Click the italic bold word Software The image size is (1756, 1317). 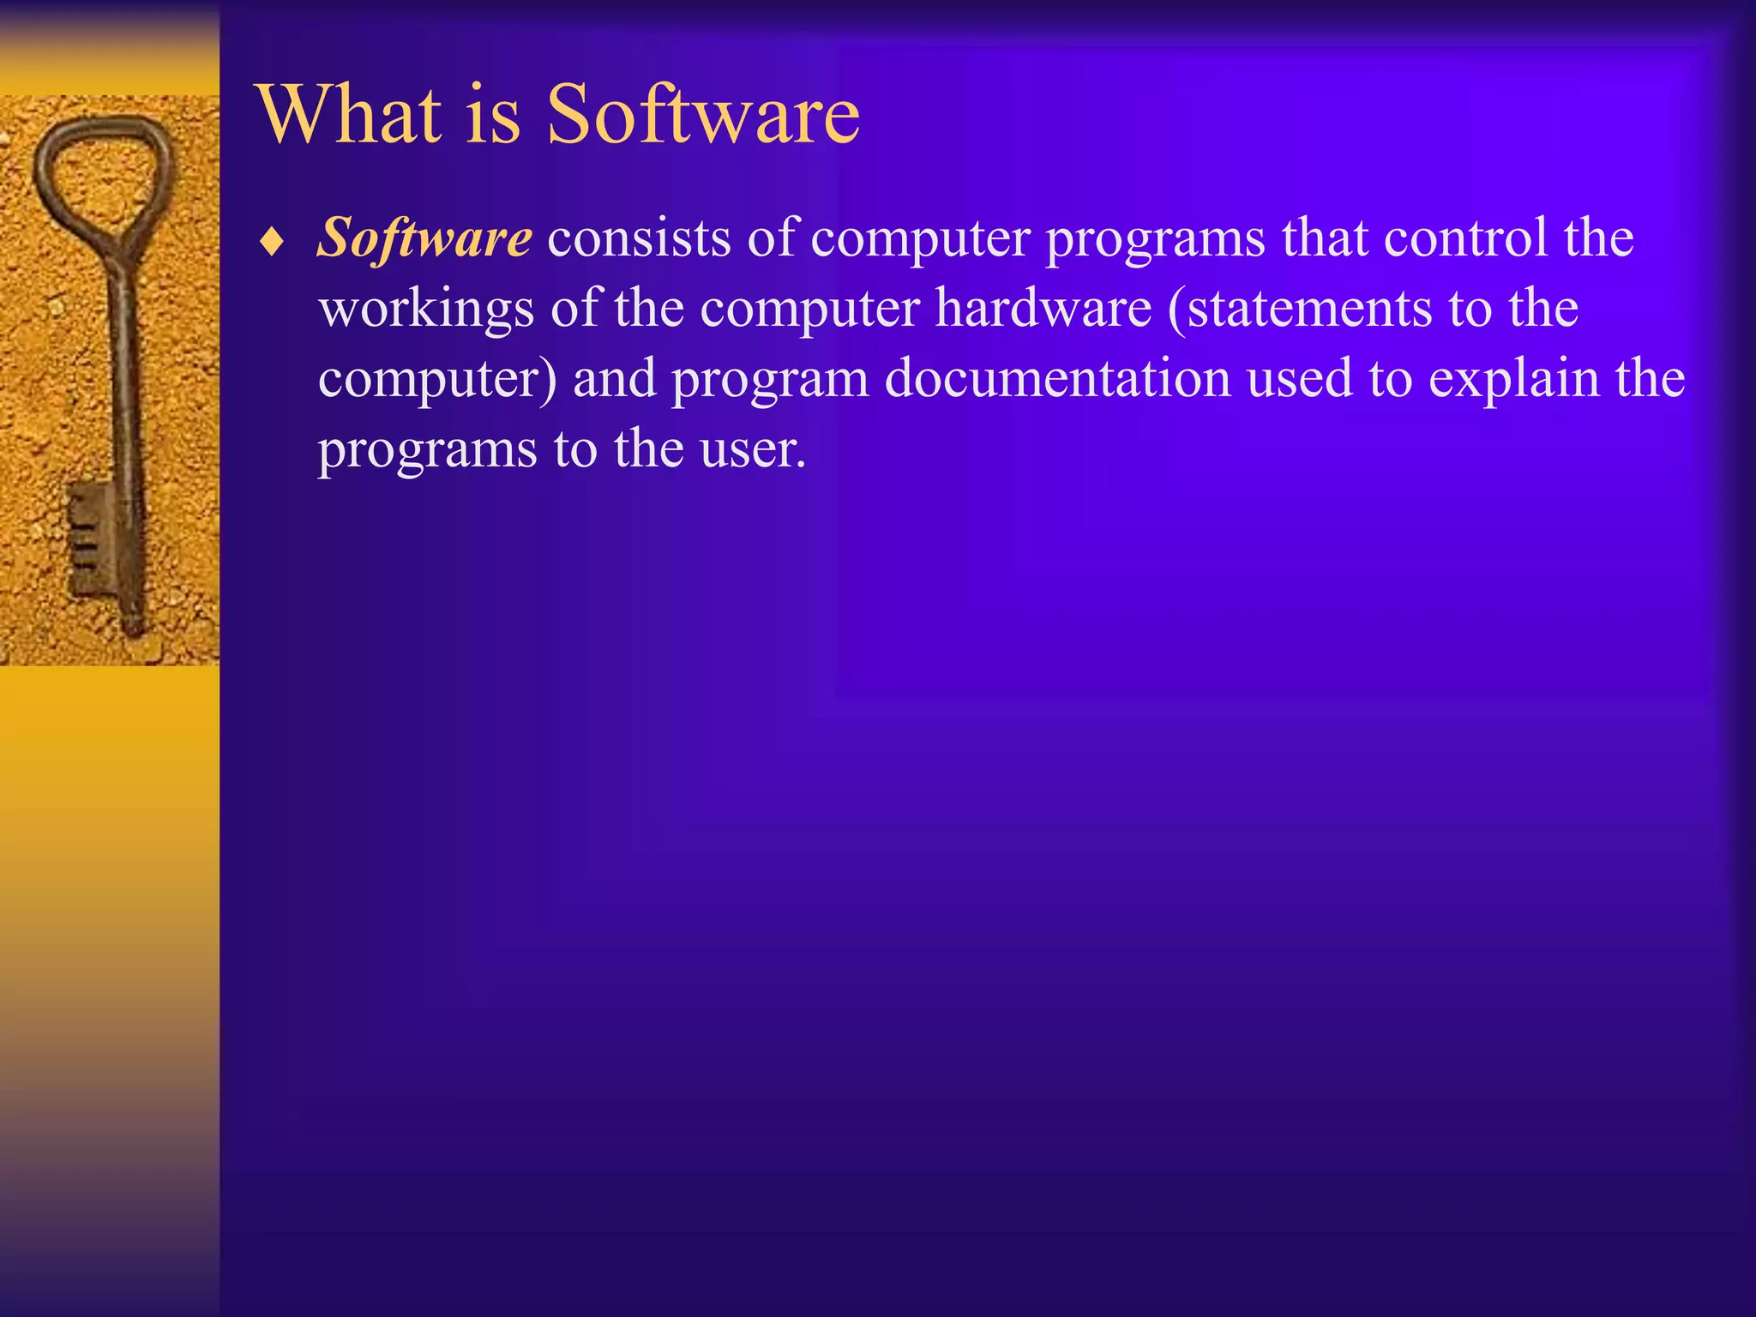pyautogui.click(x=424, y=238)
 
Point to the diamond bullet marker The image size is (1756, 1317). pyautogui.click(x=272, y=243)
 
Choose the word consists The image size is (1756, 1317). pyautogui.click(x=639, y=238)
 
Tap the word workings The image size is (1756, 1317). pyautogui.click(x=426, y=310)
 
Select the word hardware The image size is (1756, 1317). pyautogui.click(x=1043, y=308)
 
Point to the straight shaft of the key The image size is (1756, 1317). pyautogui.click(x=123, y=386)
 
